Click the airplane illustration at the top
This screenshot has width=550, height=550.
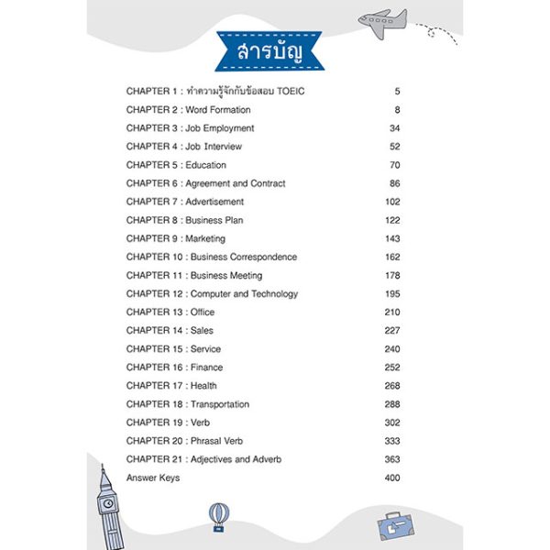click(383, 19)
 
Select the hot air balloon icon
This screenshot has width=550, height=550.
click(217, 516)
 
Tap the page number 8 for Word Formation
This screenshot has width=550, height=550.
click(398, 110)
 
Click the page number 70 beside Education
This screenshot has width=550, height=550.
click(395, 165)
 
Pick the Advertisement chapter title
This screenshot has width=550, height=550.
click(214, 202)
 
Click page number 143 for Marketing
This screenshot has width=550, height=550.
click(392, 238)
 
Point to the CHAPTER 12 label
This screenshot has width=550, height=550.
click(155, 293)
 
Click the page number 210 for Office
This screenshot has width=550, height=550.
click(392, 312)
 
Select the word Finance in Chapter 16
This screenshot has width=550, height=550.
click(205, 367)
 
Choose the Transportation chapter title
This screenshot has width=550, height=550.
click(220, 403)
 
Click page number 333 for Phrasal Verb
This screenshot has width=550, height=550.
click(392, 440)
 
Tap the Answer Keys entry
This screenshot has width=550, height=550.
click(153, 478)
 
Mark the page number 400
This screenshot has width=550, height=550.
click(392, 478)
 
